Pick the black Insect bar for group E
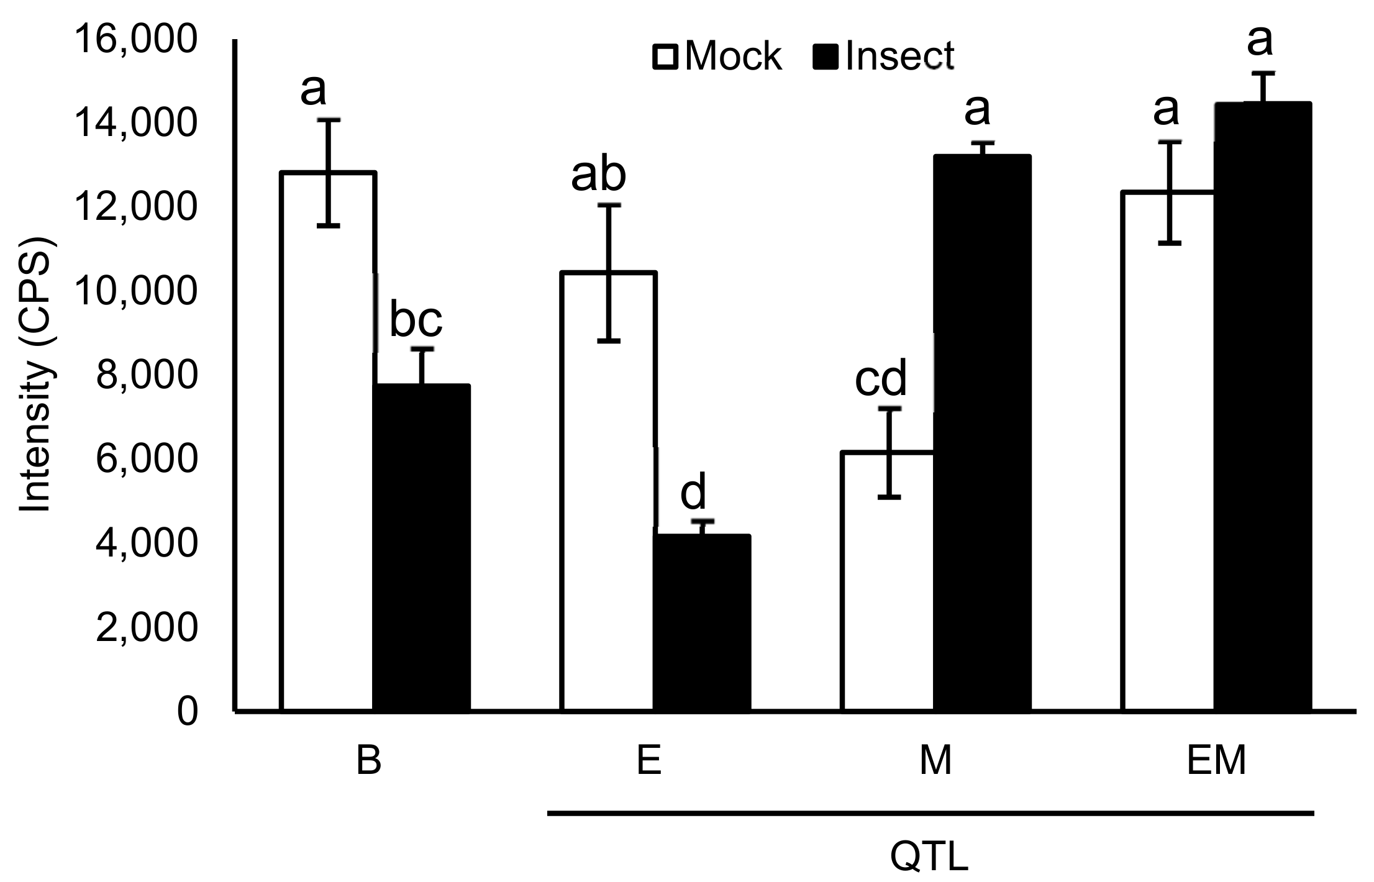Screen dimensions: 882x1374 coord(702,621)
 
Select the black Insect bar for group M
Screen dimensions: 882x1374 coord(983,435)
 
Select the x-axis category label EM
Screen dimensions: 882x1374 coord(1216,761)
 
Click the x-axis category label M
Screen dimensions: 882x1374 coord(935,761)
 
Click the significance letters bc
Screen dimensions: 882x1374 coord(416,320)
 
